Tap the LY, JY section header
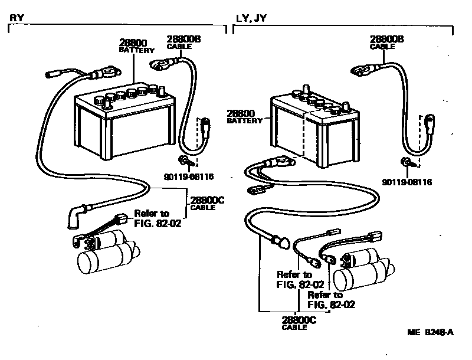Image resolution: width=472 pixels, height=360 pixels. [x=251, y=18]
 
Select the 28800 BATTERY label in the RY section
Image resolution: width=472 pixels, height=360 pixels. [x=136, y=46]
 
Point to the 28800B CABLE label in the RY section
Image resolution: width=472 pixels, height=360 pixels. [x=183, y=42]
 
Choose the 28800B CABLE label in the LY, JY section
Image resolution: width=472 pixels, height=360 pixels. [x=386, y=42]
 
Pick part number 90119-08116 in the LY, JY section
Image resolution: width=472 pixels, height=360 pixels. [x=408, y=182]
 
